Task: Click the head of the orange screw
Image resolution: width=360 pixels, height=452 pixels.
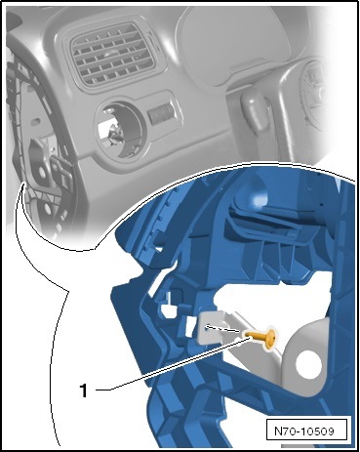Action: (270, 341)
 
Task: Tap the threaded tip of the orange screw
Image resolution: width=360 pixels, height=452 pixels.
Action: (248, 334)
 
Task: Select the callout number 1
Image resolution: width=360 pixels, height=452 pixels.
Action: (84, 390)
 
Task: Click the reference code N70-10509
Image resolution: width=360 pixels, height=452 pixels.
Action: (304, 431)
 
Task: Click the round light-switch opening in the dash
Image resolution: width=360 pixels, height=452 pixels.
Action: (120, 131)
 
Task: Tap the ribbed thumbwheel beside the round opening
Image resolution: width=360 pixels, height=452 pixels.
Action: (160, 114)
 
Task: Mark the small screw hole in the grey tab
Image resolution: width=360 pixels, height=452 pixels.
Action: (207, 327)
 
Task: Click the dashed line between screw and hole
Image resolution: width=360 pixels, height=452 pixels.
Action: (225, 329)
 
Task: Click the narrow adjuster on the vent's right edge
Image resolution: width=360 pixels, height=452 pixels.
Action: (155, 41)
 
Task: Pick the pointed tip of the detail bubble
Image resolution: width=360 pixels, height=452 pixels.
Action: (22, 185)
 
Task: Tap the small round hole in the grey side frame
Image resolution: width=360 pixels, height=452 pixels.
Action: (43, 171)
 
